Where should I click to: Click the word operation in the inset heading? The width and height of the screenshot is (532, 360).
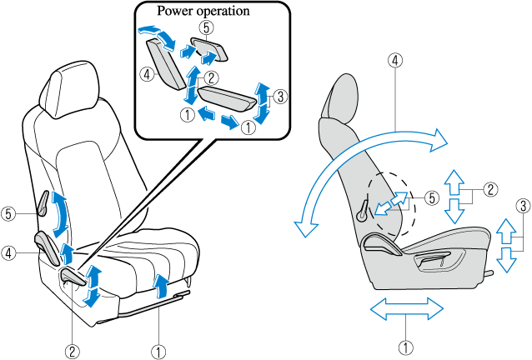tap(223, 11)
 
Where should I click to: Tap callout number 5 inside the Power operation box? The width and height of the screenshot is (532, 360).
tap(207, 27)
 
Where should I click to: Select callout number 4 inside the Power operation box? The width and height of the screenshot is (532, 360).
tap(147, 74)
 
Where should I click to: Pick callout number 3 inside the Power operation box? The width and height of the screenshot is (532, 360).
tap(280, 97)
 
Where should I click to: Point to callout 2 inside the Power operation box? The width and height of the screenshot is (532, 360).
tap(211, 78)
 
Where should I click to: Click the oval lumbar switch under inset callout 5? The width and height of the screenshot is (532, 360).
tap(209, 49)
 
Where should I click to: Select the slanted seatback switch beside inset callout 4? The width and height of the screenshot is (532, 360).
tap(165, 64)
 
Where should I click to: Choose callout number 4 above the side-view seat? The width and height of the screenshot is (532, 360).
tap(395, 61)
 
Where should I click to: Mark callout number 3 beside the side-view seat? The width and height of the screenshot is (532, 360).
tap(523, 206)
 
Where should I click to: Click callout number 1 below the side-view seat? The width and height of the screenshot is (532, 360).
tap(406, 347)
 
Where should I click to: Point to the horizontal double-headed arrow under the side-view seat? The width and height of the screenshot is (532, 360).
tap(406, 309)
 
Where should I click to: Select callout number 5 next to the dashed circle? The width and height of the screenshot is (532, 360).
tap(432, 198)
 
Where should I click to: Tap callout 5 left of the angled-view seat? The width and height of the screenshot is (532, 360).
tap(8, 214)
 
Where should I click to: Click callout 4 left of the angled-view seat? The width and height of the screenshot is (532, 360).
tap(8, 253)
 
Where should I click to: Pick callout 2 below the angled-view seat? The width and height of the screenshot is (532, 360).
tap(73, 351)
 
